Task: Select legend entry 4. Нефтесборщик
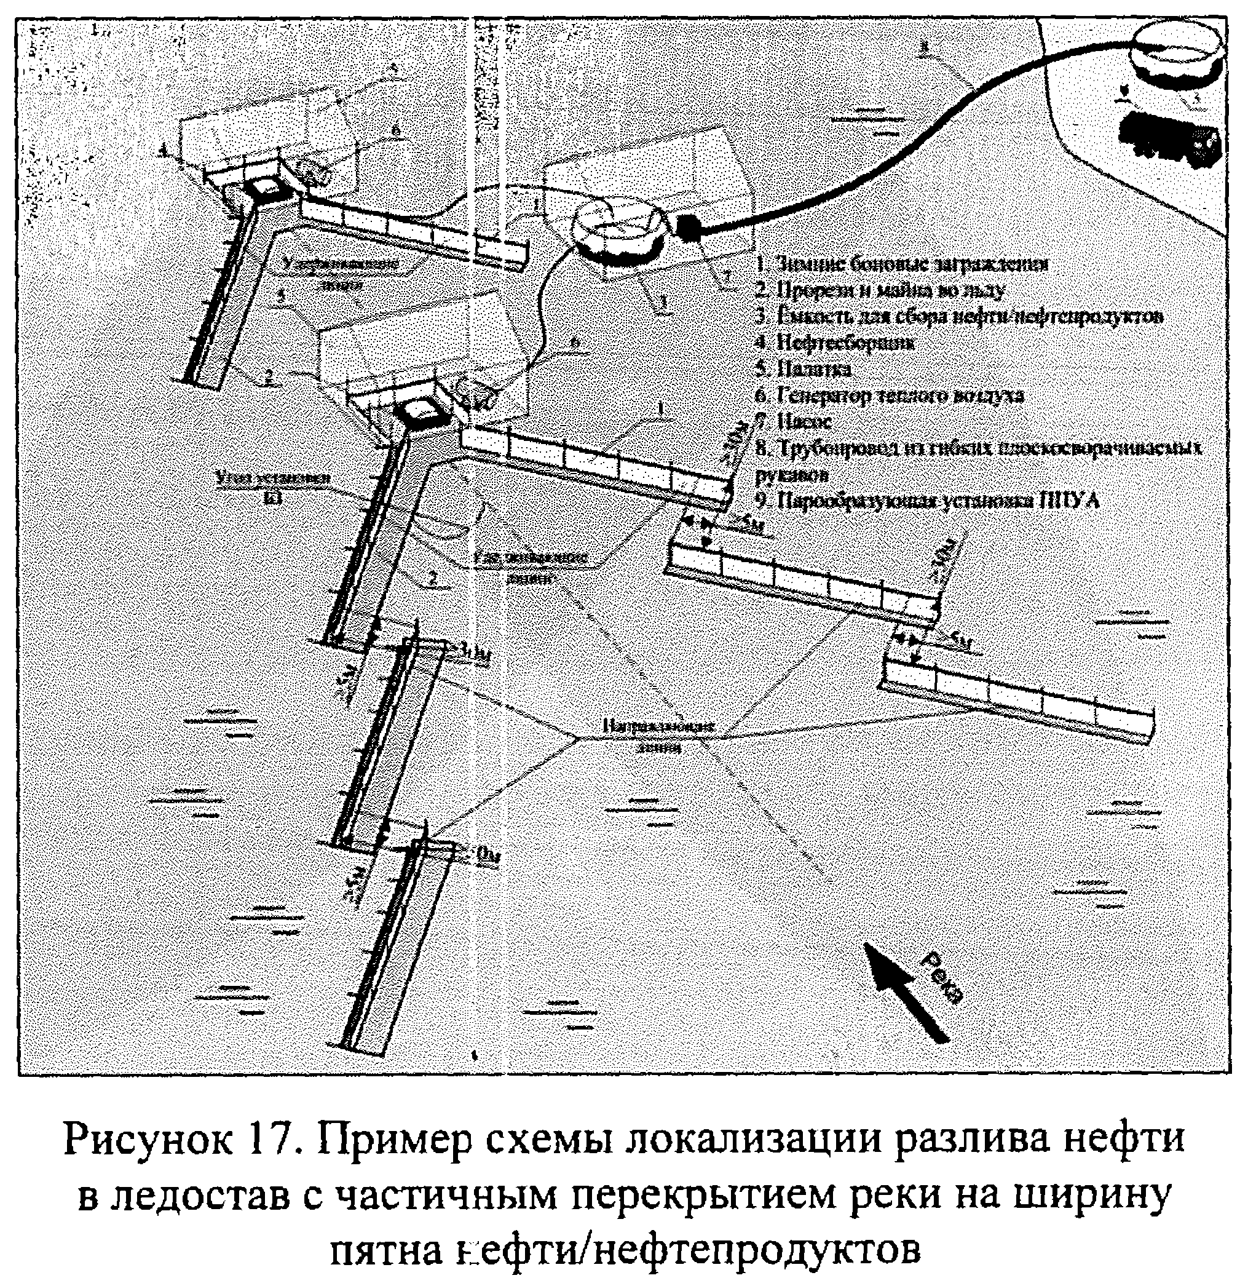pos(834,343)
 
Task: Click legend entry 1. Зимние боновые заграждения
pos(902,263)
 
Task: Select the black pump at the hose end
pos(689,226)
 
